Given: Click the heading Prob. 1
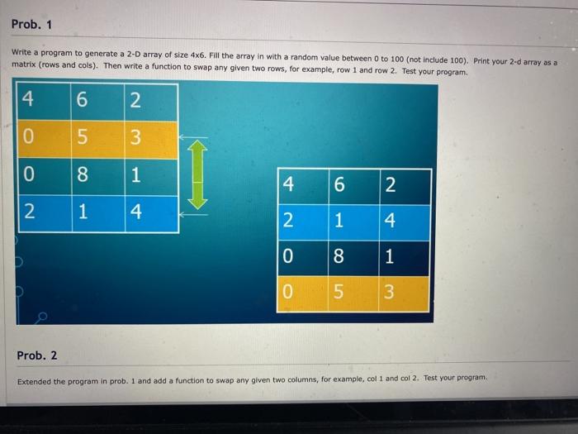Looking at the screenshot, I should tap(32, 23).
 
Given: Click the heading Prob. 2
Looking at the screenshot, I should tap(37, 355).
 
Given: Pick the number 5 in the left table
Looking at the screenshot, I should tap(81, 139).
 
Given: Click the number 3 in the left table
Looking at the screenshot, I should tap(135, 139).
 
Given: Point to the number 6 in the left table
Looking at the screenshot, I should tap(81, 100).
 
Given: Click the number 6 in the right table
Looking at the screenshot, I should tap(339, 185).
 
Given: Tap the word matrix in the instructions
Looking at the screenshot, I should tap(25, 64).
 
